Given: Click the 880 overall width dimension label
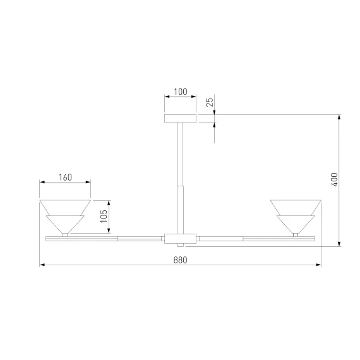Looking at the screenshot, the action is click(180, 260).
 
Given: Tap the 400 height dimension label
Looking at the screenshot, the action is click(335, 179).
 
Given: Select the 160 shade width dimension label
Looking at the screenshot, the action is click(65, 177).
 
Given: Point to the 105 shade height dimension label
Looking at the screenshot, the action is click(104, 216).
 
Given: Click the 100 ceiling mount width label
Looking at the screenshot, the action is click(181, 92).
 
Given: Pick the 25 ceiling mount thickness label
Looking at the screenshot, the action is click(210, 102).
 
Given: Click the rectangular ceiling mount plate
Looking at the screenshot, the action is click(180, 118).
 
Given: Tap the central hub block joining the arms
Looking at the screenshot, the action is click(180, 239).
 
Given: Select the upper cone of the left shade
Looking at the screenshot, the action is click(65, 207).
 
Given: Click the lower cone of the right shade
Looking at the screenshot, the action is click(296, 224).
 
